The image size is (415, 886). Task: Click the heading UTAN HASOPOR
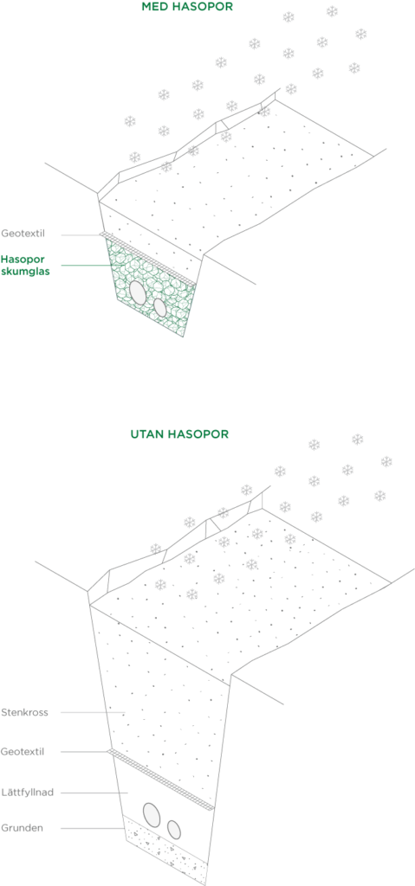coord(178,434)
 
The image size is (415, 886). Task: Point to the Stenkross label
coord(24,712)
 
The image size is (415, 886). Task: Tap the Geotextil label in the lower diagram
coord(23,752)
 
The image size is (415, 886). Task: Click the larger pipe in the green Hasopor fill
coord(138,292)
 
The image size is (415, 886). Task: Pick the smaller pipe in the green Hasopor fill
coord(160,307)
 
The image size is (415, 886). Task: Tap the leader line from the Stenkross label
coord(93,712)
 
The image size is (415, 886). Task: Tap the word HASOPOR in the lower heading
coord(193,434)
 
